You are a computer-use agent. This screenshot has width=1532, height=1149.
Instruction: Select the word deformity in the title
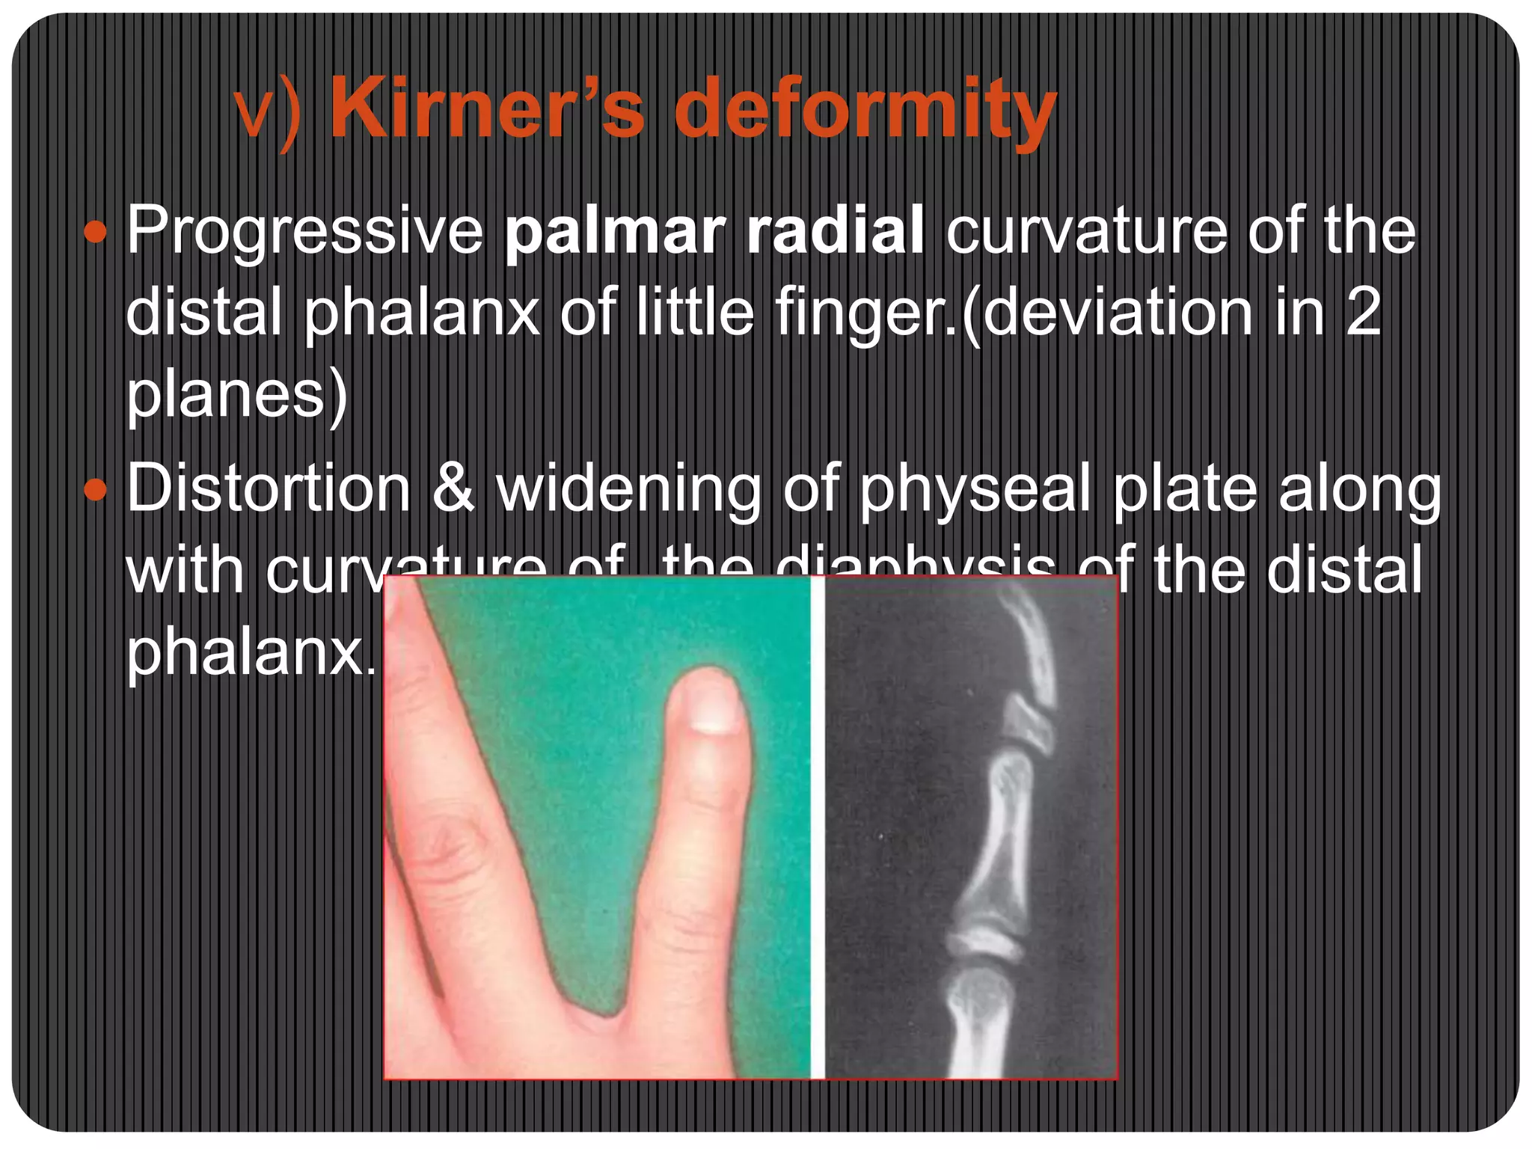pyautogui.click(x=865, y=112)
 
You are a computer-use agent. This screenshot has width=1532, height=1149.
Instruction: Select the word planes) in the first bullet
pyautogui.click(x=236, y=395)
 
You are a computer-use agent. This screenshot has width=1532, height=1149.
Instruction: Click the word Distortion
pyautogui.click(x=269, y=488)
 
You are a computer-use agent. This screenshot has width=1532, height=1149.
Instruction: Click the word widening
pyautogui.click(x=628, y=491)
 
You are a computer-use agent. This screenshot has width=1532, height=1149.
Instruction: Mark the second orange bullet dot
pyautogui.click(x=96, y=491)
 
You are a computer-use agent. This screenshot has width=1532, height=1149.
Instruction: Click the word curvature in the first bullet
pyautogui.click(x=1085, y=230)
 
